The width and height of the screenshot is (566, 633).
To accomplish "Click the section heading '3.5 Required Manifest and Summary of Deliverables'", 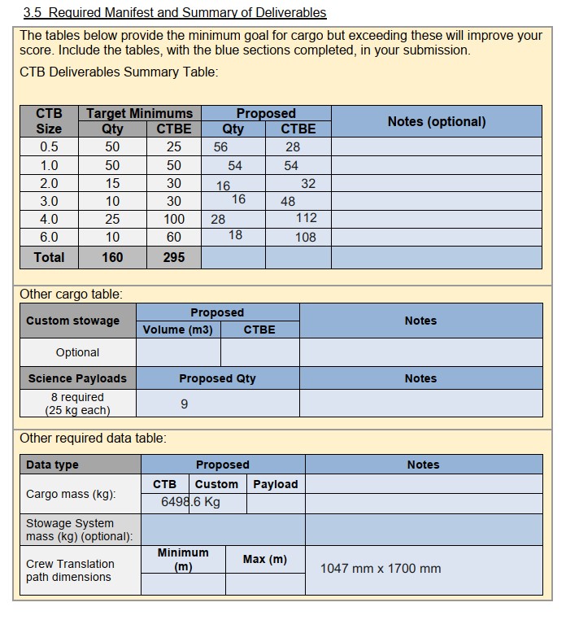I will click(x=175, y=12).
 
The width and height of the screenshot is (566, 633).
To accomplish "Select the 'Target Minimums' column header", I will click(x=140, y=113).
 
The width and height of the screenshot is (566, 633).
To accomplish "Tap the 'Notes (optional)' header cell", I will click(x=437, y=121).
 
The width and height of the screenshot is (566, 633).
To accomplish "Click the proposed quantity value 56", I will click(x=221, y=147).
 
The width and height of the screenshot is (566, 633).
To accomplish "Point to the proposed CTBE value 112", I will click(x=307, y=218).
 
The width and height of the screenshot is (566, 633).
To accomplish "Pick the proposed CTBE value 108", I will click(x=306, y=238).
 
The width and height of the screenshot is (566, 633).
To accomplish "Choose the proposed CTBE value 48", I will click(x=288, y=201).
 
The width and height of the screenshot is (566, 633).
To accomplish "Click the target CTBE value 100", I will click(x=174, y=219).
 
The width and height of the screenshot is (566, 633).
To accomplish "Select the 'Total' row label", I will click(x=49, y=257).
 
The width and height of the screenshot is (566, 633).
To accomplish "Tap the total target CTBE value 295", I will click(x=174, y=257).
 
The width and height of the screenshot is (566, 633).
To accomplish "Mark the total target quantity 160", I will click(x=112, y=257).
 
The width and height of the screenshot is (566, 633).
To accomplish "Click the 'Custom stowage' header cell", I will click(x=72, y=321).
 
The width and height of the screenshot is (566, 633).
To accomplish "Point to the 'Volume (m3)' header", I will click(x=177, y=330).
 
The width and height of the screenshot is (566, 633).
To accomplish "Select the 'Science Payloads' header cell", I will click(x=77, y=378).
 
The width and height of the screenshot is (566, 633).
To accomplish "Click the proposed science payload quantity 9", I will click(x=185, y=404).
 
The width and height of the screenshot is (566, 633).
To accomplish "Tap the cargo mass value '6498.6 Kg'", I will click(x=191, y=502).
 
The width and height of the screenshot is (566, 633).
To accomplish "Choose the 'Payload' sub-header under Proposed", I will click(x=276, y=484).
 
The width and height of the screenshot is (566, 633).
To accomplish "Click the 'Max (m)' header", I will click(x=265, y=560).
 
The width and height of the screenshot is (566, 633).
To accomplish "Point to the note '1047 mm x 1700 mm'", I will click(x=381, y=569).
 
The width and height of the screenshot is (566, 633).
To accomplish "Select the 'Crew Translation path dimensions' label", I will click(x=70, y=570).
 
